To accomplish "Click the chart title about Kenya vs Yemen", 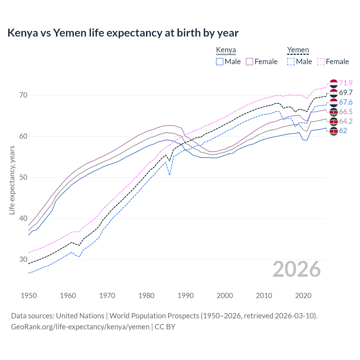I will click(123, 33).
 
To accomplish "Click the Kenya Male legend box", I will click(220, 62).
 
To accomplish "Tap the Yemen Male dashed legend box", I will click(291, 62).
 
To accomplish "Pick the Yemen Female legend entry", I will click(333, 62).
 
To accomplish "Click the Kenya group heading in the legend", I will click(226, 50).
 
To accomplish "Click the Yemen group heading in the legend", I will click(298, 50).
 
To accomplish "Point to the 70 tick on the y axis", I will click(23, 95).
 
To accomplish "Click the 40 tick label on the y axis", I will click(23, 219).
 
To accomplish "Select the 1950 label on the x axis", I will click(29, 296).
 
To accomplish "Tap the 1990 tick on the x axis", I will click(186, 296).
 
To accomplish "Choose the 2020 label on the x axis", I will click(303, 296).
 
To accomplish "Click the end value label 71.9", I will click(346, 83).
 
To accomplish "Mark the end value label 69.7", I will click(346, 93).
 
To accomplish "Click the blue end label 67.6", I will click(346, 102).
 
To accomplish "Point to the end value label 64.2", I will click(346, 121).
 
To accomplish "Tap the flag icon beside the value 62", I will click(334, 131).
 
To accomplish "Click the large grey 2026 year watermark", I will click(297, 269).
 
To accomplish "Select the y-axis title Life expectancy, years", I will click(12, 180).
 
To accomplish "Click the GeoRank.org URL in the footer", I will click(80, 327).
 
